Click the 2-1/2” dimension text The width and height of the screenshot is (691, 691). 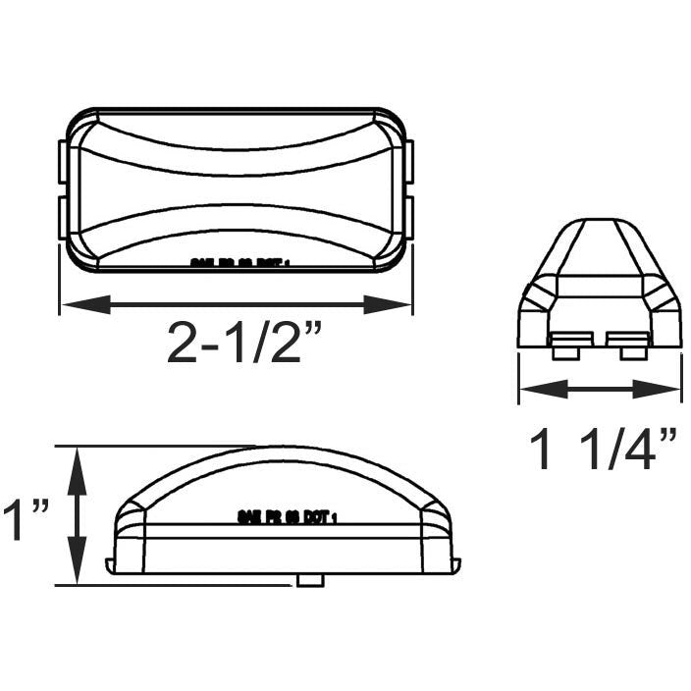[243, 343]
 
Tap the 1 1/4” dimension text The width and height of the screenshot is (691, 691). [602, 450]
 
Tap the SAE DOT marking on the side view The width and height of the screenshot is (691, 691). [287, 514]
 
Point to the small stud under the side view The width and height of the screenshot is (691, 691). [310, 580]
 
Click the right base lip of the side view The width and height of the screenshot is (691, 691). [454, 561]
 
